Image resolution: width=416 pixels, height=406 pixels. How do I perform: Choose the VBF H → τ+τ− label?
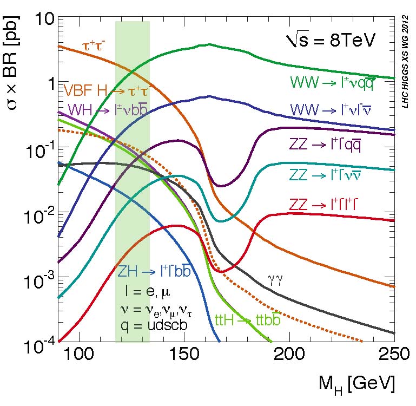[105, 90]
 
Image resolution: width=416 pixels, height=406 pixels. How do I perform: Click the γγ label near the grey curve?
[276, 280]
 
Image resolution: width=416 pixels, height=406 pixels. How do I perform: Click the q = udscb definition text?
[157, 326]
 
